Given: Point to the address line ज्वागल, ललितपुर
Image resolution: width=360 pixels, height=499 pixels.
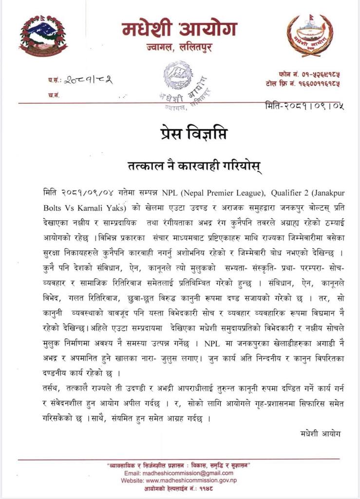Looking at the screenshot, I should [x=180, y=49].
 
